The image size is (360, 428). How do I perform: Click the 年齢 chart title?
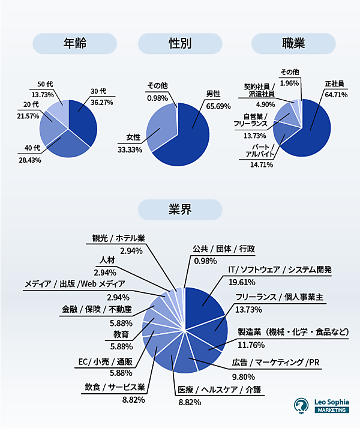click(75, 43)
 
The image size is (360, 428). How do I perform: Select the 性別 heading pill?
click(181, 43)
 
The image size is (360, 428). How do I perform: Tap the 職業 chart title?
click(293, 43)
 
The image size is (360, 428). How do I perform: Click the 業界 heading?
click(181, 209)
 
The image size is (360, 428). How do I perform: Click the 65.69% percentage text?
click(218, 106)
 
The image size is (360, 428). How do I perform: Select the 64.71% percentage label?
click(336, 94)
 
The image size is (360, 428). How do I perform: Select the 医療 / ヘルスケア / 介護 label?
click(220, 390)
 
